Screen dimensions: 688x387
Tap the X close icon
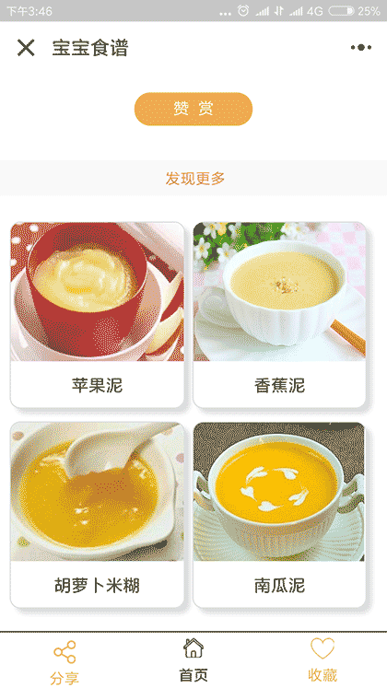point(26,48)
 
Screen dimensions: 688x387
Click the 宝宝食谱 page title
point(89,48)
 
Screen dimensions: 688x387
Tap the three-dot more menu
point(360,48)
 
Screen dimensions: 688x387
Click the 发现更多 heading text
point(194,179)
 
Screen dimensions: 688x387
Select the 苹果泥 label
point(97,385)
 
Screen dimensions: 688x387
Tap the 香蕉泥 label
point(279,385)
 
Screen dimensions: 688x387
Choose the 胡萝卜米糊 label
point(97,586)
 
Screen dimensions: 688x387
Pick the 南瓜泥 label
point(279,586)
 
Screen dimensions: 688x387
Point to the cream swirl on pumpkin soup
point(275,489)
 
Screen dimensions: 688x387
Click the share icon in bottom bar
point(64,653)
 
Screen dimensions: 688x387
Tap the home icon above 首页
point(193,647)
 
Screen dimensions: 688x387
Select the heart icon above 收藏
point(322,648)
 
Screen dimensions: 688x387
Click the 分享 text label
point(64,678)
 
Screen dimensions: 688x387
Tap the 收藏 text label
point(322,675)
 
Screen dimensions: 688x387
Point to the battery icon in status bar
point(341,11)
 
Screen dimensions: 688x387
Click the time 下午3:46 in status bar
point(30,11)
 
